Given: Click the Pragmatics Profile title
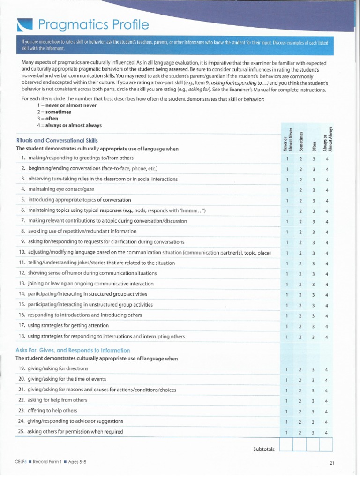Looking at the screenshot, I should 94,24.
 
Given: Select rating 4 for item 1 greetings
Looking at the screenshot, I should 327,158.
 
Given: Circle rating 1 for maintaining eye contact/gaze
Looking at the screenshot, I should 286,190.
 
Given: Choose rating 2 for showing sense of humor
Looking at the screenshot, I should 300,274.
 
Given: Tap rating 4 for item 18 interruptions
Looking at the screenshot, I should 327,337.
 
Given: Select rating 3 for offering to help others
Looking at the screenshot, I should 313,411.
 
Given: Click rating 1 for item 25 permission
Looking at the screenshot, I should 286,432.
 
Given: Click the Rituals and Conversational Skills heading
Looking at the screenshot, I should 57,140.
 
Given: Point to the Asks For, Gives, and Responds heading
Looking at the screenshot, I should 73,350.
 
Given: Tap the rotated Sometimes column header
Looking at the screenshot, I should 301,139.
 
